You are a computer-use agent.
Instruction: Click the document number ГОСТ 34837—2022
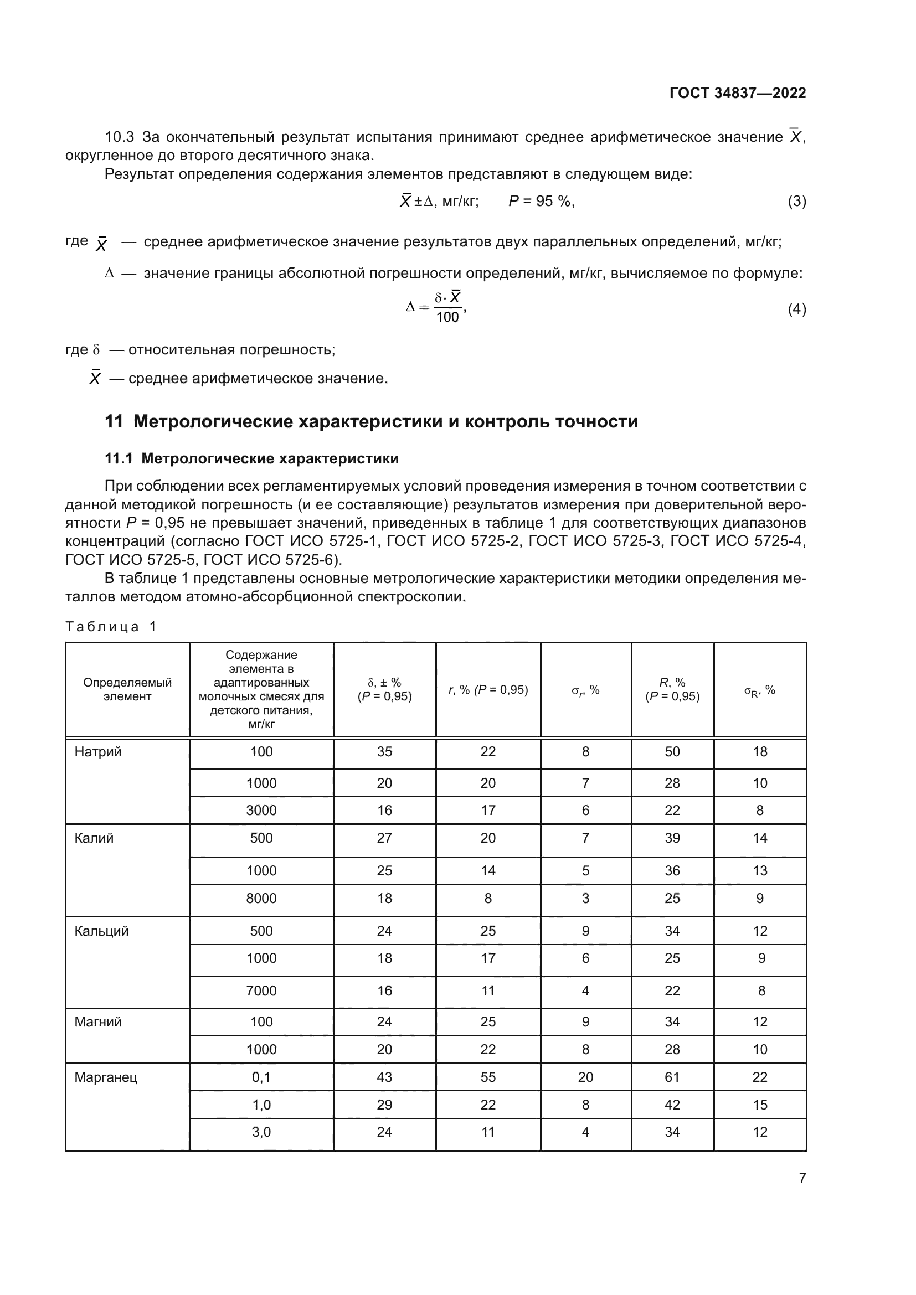pyautogui.click(x=737, y=93)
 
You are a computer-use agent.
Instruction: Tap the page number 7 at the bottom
pyautogui.click(x=802, y=1178)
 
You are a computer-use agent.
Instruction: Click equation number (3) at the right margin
pyautogui.click(x=796, y=202)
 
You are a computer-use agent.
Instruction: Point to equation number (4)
pyautogui.click(x=796, y=309)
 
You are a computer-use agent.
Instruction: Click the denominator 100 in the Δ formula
pyautogui.click(x=447, y=317)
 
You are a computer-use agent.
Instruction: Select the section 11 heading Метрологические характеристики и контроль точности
pyautogui.click(x=371, y=421)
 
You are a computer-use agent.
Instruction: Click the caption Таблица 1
pyautogui.click(x=111, y=627)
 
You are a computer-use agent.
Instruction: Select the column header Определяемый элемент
pyautogui.click(x=127, y=689)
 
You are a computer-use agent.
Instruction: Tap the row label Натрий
pyautogui.click(x=98, y=752)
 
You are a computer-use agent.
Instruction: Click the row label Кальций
pyautogui.click(x=101, y=931)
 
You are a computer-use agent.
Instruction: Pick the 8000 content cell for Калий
pyautogui.click(x=261, y=899)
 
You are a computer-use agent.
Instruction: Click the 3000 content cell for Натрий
pyautogui.click(x=261, y=811)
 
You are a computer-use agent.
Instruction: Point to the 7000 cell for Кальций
pyautogui.click(x=261, y=991)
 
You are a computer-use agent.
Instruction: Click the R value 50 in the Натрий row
pyautogui.click(x=672, y=752)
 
